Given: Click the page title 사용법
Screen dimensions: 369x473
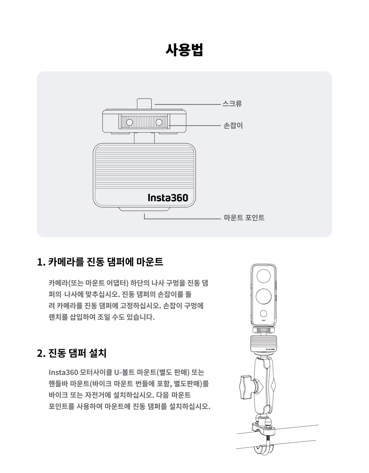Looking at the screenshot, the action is (x=184, y=50).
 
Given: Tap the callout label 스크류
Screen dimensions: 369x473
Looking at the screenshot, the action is (x=232, y=104).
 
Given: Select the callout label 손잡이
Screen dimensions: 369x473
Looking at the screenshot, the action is (x=233, y=125).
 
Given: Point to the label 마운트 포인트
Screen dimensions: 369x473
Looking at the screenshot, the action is (x=244, y=218).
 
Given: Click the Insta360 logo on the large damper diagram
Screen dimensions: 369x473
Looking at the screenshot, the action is (x=168, y=198).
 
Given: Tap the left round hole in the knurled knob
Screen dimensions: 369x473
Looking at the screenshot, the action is (x=129, y=123).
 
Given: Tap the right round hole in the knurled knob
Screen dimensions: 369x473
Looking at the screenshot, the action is (x=159, y=123).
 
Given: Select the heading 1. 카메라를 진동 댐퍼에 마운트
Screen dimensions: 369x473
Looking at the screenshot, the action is (x=100, y=262).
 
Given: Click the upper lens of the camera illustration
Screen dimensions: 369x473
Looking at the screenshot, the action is (x=264, y=276).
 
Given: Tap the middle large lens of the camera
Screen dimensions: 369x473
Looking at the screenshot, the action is (x=264, y=297).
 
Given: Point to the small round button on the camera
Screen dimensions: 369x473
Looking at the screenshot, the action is (x=264, y=314).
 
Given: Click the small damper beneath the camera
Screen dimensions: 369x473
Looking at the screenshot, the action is (x=264, y=343).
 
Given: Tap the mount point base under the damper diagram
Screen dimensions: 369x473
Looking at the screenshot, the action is (x=144, y=209).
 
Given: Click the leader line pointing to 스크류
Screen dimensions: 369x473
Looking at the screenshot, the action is (x=188, y=104).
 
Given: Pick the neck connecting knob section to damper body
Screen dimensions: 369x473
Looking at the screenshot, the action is (x=144, y=138).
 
